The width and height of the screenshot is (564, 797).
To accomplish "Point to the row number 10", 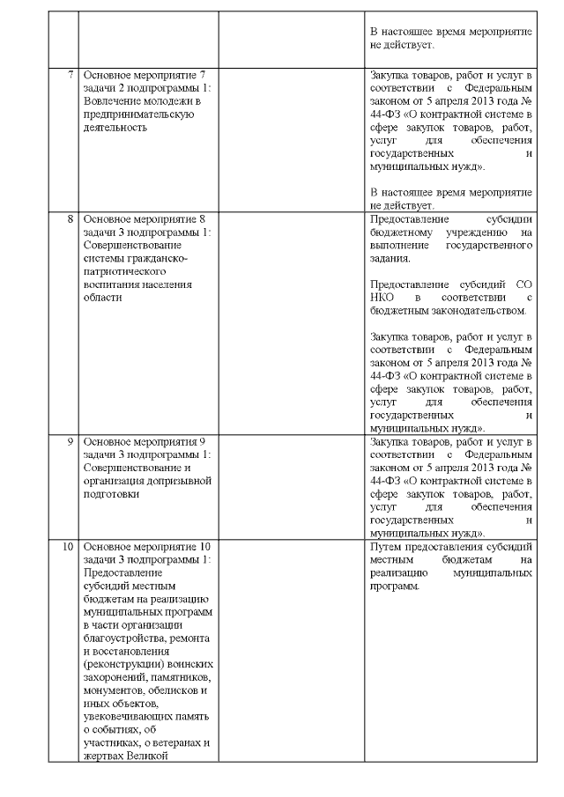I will (x=67, y=546).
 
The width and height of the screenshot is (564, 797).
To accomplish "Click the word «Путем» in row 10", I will (x=388, y=546).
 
